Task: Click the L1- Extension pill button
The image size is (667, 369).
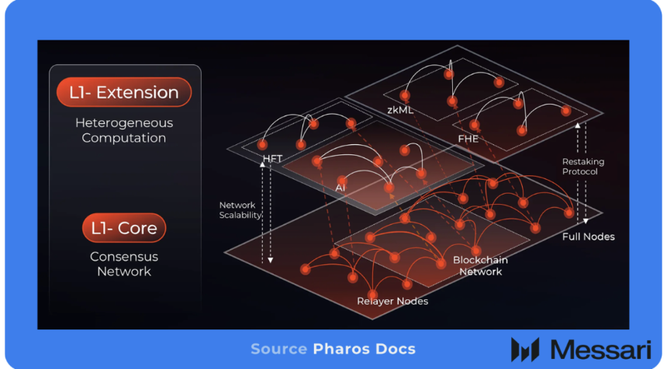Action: [124, 93]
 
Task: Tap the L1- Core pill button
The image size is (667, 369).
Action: [124, 228]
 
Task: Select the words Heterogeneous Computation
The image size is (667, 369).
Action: [124, 130]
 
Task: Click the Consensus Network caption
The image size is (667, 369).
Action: [124, 264]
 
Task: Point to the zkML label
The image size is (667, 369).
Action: [400, 110]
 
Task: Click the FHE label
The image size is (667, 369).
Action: [468, 139]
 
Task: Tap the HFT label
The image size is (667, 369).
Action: [272, 160]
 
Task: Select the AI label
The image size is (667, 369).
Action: [340, 188]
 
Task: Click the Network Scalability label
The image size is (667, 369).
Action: [240, 210]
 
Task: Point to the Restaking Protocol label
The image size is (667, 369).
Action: [583, 167]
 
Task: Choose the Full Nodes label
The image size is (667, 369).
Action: [588, 236]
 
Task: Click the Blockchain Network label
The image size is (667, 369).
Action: [480, 266]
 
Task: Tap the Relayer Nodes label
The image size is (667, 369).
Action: [392, 301]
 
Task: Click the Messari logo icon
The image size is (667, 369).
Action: [525, 350]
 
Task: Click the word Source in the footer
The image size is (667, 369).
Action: [279, 350]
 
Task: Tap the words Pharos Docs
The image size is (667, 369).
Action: [365, 350]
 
